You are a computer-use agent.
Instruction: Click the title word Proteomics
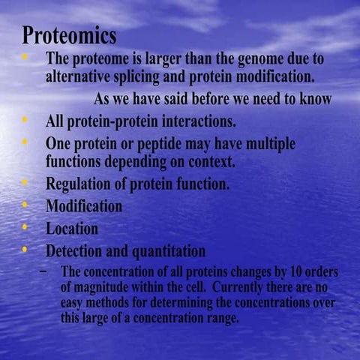[x=69, y=35]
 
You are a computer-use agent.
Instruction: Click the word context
[x=227, y=160]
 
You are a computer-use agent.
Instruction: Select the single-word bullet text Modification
[x=84, y=205]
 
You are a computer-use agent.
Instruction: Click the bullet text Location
[x=72, y=228]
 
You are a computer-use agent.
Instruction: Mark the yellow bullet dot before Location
[x=26, y=226]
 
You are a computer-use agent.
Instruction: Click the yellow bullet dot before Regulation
[x=26, y=181]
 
